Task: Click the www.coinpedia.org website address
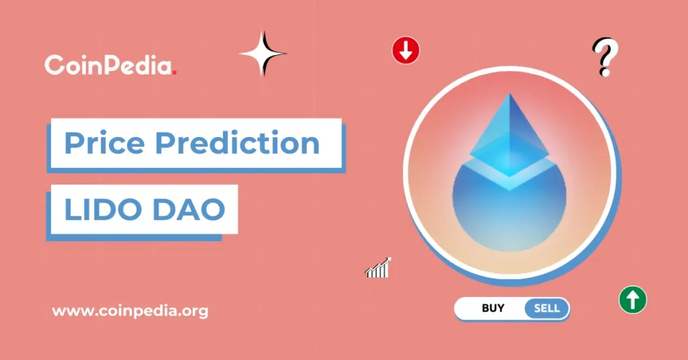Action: pyautogui.click(x=130, y=312)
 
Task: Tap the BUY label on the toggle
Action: pyautogui.click(x=493, y=308)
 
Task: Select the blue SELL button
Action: pyautogui.click(x=546, y=308)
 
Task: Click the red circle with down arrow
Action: pyautogui.click(x=406, y=50)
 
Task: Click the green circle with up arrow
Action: pyautogui.click(x=632, y=299)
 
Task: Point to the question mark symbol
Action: pyautogui.click(x=605, y=56)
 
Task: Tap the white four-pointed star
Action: pyautogui.click(x=263, y=53)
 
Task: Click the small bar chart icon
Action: pyautogui.click(x=378, y=268)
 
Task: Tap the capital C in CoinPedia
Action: pyautogui.click(x=54, y=65)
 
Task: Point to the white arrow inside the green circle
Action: pyautogui.click(x=632, y=299)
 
